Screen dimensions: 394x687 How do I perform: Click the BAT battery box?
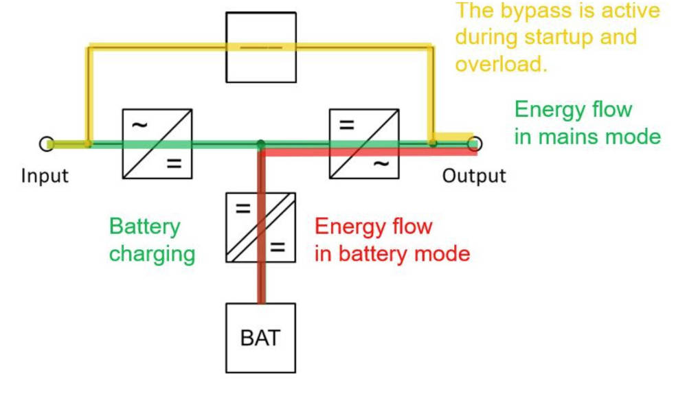pos(260,338)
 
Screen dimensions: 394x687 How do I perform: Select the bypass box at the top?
pos(261,47)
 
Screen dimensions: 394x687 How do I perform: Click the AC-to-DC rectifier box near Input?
pos(157,143)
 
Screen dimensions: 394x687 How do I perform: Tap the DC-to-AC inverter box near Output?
pos(364,143)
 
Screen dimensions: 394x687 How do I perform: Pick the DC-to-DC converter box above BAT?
pos(260,227)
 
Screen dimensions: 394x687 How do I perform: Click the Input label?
pos(45,176)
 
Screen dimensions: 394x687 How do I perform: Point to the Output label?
pos(473,176)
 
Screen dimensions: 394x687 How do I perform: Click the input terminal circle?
pos(46,143)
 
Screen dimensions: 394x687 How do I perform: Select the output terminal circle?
pos(475,143)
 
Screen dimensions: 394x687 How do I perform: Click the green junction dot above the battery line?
pos(260,144)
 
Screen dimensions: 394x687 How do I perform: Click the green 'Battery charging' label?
pos(152,240)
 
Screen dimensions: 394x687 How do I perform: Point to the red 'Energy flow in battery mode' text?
pos(392,240)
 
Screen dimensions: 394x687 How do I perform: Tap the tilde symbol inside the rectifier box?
pos(139,125)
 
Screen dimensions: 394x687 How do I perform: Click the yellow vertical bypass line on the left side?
pos(88,96)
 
